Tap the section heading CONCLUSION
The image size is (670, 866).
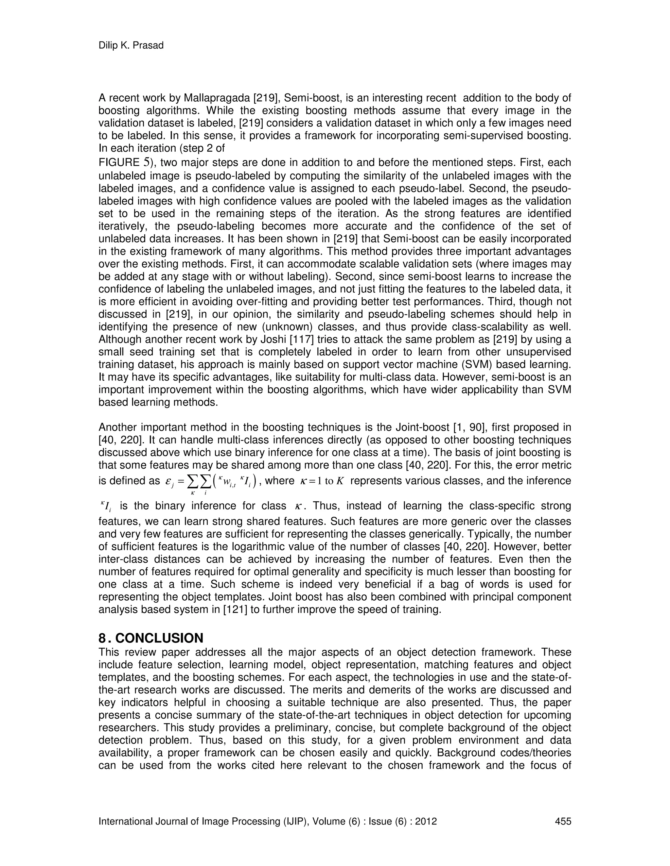pyautogui.click(x=159, y=638)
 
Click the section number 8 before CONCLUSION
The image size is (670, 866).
pyautogui.click(x=102, y=638)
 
